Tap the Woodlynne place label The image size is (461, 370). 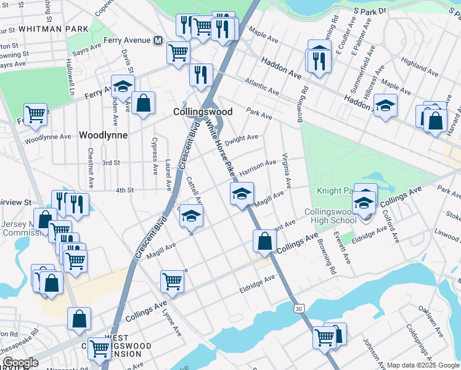[x=104, y=135]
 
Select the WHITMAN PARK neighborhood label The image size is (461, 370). [x=54, y=29]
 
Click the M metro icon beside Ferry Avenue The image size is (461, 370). [x=158, y=41]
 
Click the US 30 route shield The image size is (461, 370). [x=300, y=308]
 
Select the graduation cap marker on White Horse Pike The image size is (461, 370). [x=242, y=194]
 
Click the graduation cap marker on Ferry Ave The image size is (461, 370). [x=123, y=87]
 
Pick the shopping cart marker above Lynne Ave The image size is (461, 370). [x=173, y=281]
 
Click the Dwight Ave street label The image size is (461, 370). [x=241, y=139]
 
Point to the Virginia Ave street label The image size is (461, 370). [x=286, y=171]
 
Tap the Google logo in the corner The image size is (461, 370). [x=20, y=362]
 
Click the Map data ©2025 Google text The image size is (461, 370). [x=422, y=365]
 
